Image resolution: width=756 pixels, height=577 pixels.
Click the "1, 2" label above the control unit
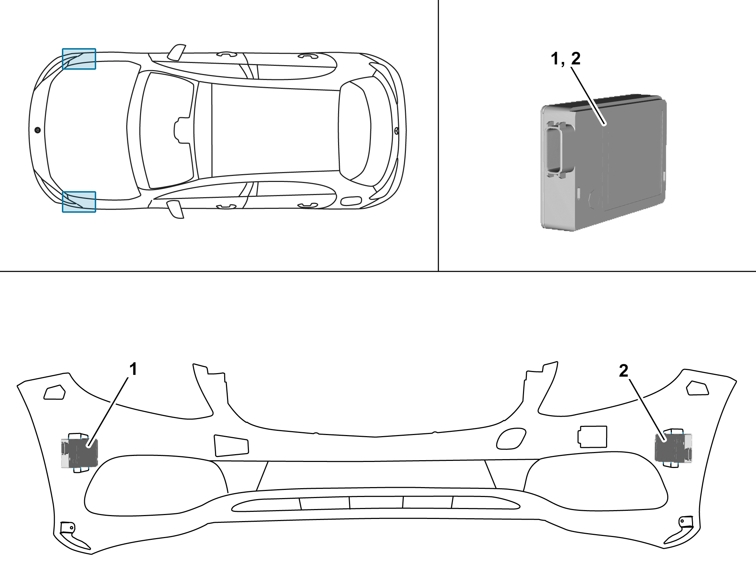tap(566, 58)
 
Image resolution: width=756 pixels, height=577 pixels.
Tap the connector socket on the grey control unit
tap(554, 149)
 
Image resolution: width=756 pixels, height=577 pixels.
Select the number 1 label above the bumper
tap(133, 369)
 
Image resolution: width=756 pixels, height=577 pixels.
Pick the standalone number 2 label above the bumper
tap(623, 371)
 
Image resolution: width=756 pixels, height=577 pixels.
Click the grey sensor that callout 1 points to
tap(79, 453)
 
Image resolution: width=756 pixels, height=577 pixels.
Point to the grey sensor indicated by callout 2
tap(673, 449)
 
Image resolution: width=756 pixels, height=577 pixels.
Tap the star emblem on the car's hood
tap(37, 130)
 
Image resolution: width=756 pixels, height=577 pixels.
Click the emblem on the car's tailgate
tap(396, 131)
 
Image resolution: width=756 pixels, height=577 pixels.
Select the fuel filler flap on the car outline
tap(351, 201)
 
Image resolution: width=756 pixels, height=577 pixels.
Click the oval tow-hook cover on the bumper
tap(511, 439)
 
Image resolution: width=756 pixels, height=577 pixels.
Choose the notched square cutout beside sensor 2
tap(592, 437)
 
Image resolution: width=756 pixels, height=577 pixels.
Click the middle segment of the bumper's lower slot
tap(376, 502)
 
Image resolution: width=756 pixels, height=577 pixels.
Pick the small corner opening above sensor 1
tap(54, 392)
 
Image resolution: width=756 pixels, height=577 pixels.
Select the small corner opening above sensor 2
tap(697, 388)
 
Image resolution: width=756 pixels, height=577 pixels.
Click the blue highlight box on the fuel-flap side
tap(79, 202)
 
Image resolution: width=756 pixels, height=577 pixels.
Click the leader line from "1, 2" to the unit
tap(588, 96)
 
